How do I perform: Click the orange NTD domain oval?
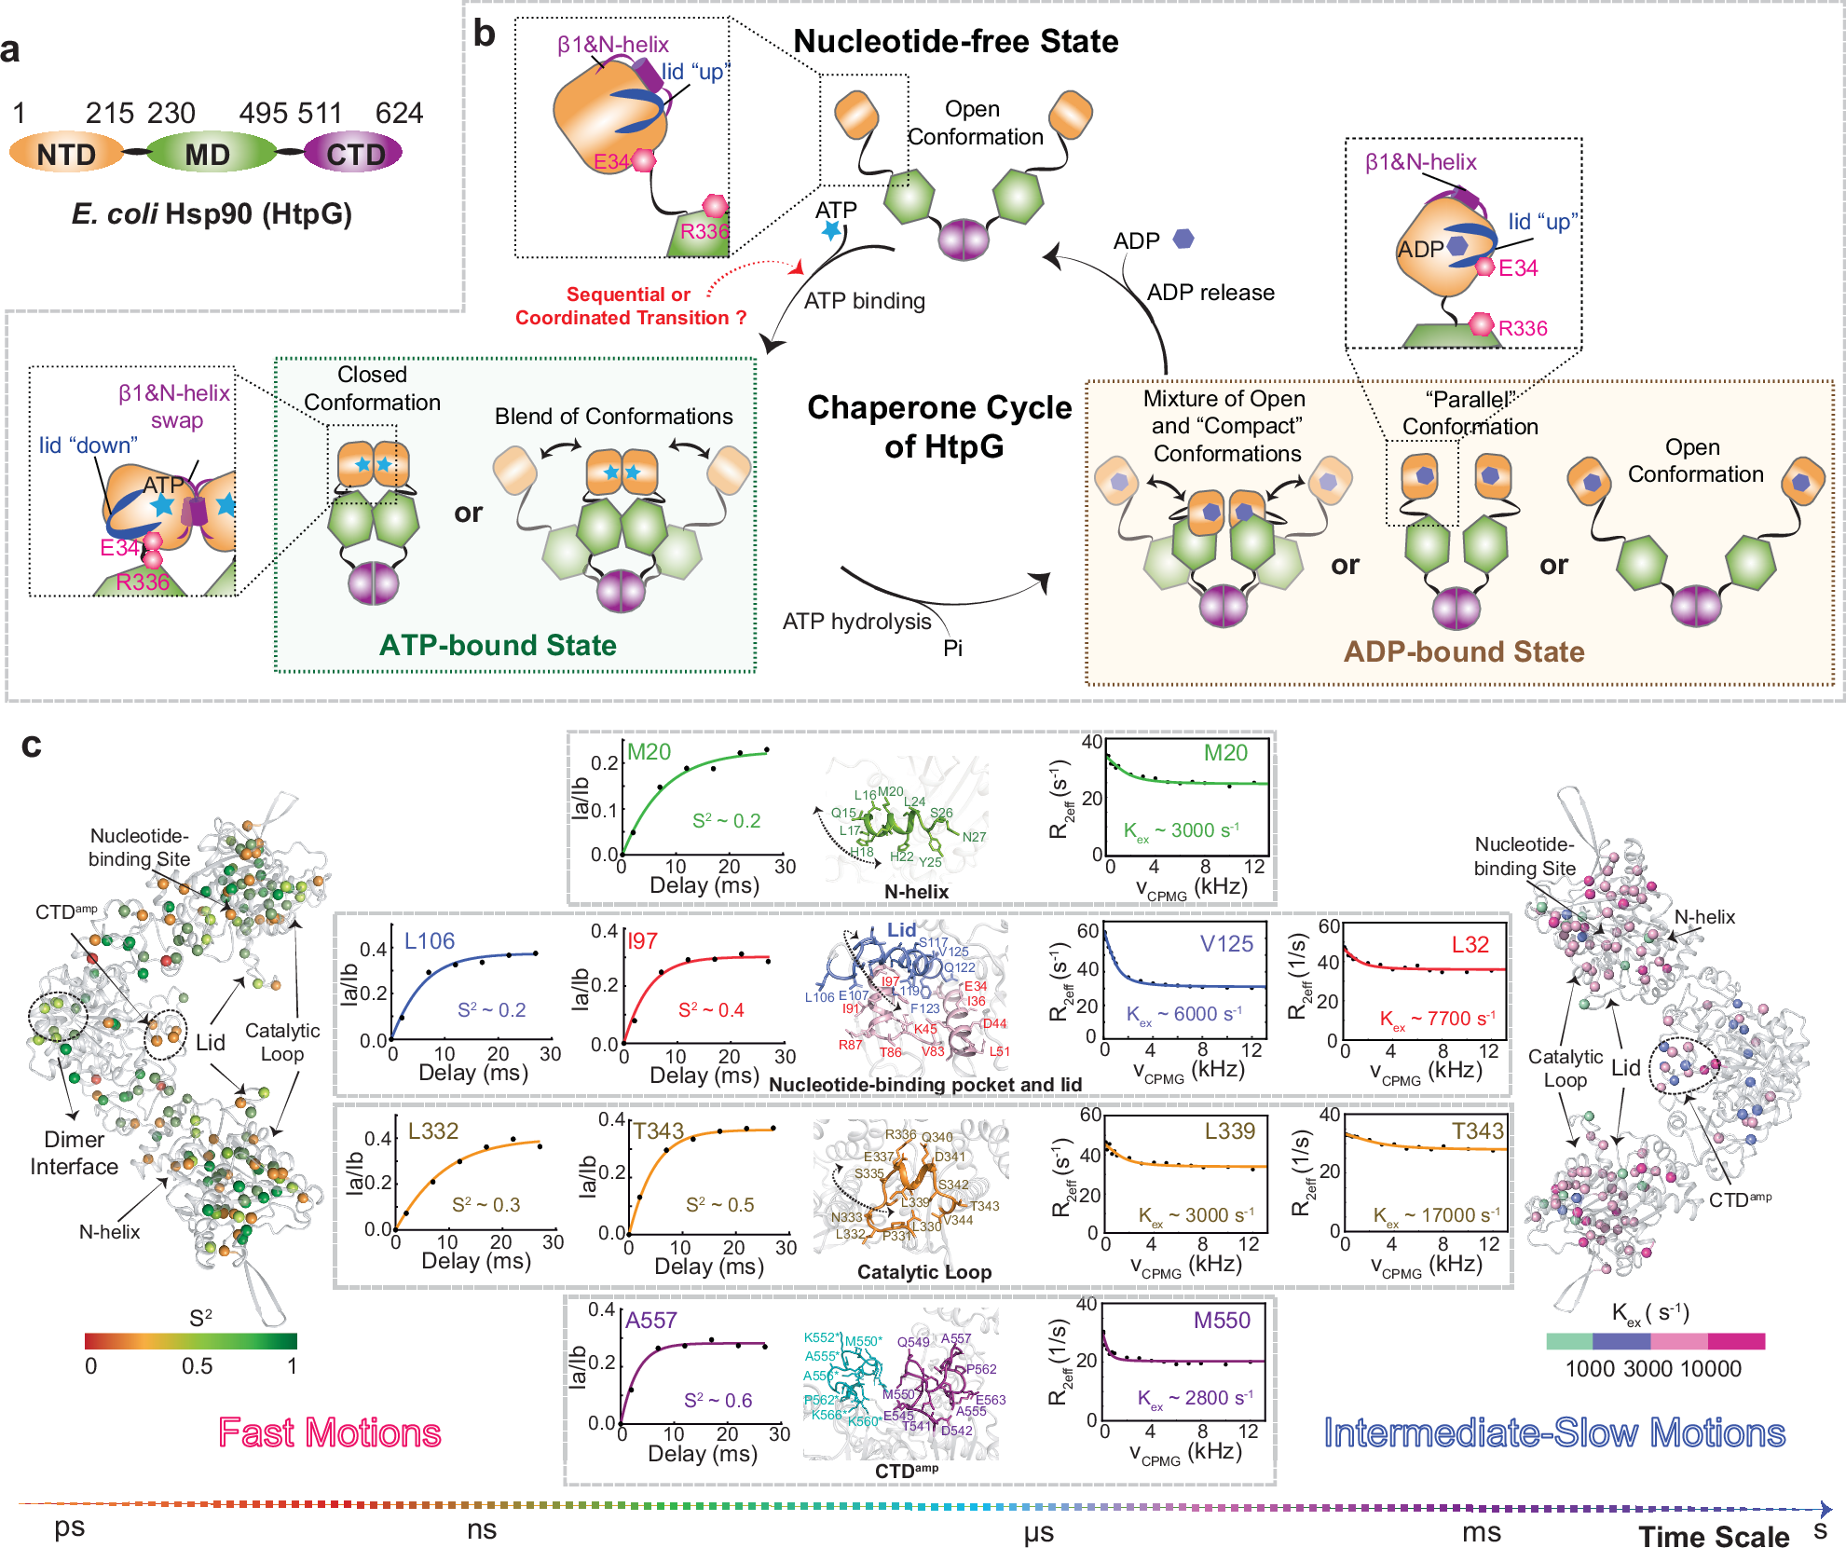point(66,154)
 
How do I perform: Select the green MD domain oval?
point(208,154)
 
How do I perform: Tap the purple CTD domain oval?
point(355,154)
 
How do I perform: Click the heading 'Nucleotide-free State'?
point(955,42)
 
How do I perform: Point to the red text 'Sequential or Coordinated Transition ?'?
point(630,306)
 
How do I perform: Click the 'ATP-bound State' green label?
point(498,645)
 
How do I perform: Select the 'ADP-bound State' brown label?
point(1463,651)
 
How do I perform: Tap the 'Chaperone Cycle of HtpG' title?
point(940,427)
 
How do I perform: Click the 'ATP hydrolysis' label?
point(856,622)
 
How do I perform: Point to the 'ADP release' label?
point(1210,293)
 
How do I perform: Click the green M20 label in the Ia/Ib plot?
point(649,752)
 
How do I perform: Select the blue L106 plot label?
point(430,941)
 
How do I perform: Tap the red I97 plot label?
point(643,941)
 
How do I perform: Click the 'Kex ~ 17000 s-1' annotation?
point(1436,1215)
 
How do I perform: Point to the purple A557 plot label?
point(651,1321)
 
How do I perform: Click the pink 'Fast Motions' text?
point(329,1432)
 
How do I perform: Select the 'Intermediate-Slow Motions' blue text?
point(1554,1432)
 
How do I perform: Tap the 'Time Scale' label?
point(1714,1536)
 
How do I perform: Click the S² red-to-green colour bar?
point(191,1341)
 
